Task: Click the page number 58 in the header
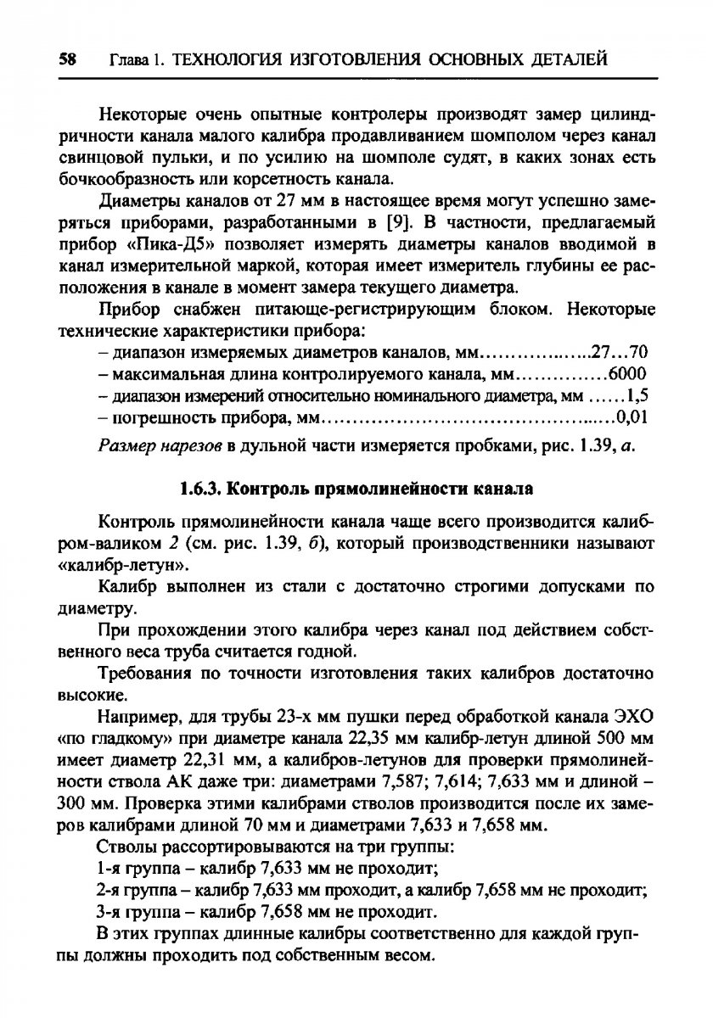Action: coord(68,60)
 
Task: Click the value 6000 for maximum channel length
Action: coord(629,373)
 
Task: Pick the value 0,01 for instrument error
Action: coord(632,417)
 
